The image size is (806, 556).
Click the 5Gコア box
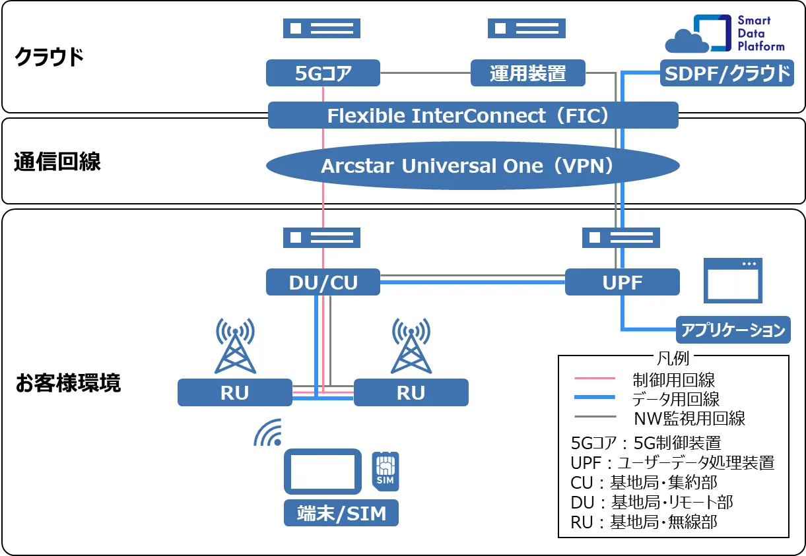[323, 73]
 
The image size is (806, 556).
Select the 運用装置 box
[527, 73]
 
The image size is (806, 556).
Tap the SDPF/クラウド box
[727, 73]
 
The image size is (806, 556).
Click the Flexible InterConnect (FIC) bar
[473, 115]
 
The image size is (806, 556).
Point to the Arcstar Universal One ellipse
[473, 166]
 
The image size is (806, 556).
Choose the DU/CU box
[323, 282]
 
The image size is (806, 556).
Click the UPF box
[622, 282]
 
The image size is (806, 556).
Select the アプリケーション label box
[733, 330]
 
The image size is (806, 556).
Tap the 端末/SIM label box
[341, 513]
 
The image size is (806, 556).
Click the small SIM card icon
[384, 470]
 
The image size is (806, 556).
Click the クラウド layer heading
[50, 57]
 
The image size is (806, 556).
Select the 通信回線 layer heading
[57, 162]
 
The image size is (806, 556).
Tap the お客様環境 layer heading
[68, 383]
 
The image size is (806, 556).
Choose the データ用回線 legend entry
[675, 398]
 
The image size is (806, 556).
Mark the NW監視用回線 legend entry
[689, 417]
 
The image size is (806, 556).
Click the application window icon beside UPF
[732, 280]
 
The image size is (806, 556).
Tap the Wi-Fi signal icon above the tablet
[269, 432]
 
